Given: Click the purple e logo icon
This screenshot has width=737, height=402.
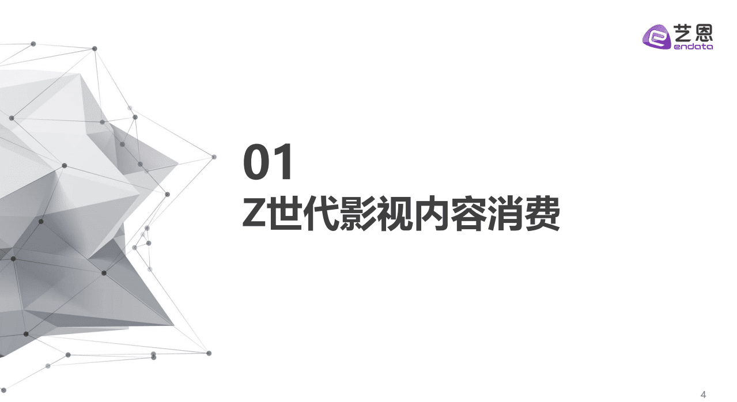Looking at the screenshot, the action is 656,37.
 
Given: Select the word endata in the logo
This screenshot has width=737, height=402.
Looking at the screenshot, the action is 693,46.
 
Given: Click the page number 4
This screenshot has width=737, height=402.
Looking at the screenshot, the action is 703,395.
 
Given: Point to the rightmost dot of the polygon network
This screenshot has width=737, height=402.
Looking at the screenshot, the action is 214,157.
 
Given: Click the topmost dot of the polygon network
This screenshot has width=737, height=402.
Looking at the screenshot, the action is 33,44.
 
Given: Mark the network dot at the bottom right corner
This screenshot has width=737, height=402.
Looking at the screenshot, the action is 209,353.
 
